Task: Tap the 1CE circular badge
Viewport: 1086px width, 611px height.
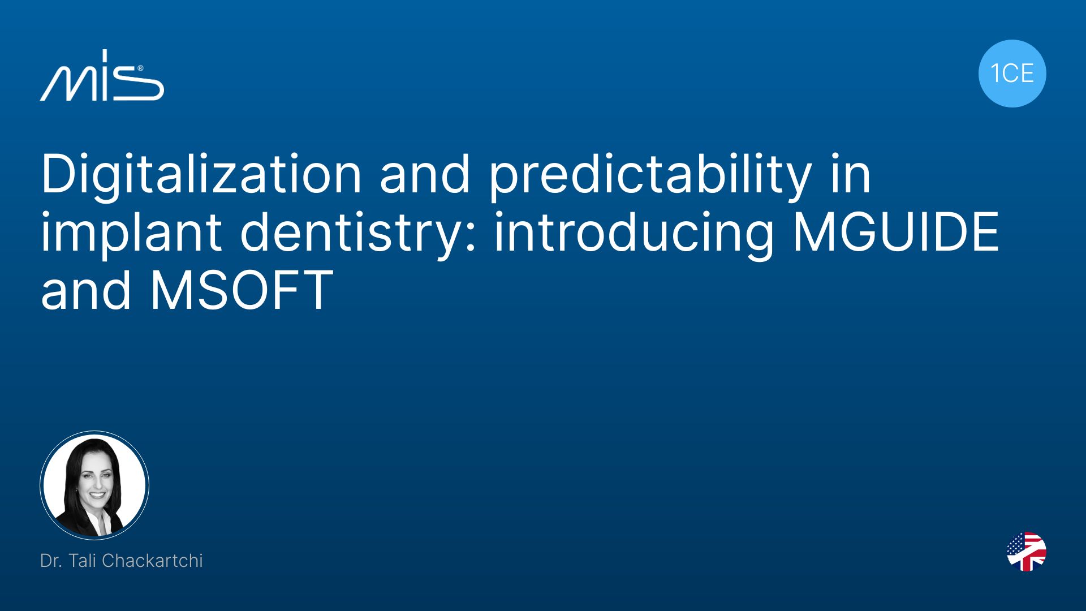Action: coord(1012,74)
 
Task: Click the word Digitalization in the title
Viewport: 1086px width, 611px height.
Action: coord(201,175)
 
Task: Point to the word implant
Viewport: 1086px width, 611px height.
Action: coord(131,234)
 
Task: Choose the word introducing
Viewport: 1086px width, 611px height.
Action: coord(633,234)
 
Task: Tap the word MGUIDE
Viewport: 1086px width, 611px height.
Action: coord(896,233)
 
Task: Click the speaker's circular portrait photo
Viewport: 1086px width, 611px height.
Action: coord(94,485)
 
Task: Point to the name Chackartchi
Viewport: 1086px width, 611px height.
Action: coord(152,561)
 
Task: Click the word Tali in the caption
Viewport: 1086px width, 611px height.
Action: coord(83,561)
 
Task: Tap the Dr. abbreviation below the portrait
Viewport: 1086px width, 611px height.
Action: coord(51,561)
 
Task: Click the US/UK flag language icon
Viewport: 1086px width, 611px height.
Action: coord(1027,552)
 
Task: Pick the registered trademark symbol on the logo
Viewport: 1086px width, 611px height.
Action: coord(140,68)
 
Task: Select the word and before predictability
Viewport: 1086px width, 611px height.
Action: coord(425,175)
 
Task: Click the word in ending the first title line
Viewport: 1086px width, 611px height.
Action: coord(851,175)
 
